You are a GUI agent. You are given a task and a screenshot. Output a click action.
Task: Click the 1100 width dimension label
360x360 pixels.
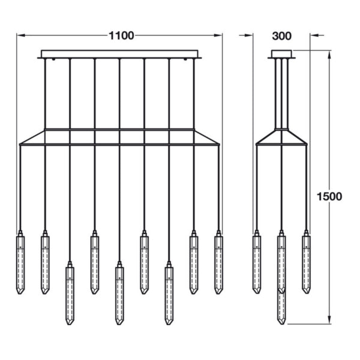point(121,35)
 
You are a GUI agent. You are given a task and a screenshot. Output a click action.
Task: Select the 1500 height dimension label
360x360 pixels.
point(330,196)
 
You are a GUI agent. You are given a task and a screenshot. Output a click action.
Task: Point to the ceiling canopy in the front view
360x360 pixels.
point(119,54)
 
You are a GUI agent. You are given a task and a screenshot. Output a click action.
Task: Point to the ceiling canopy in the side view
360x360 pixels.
point(281,54)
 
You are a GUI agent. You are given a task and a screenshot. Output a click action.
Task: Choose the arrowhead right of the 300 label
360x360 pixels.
point(313,35)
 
